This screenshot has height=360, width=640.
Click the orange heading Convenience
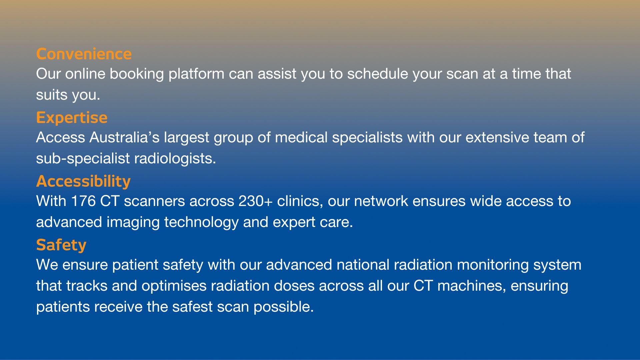click(x=84, y=54)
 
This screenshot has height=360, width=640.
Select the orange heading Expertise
click(x=72, y=118)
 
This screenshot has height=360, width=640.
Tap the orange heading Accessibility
click(x=83, y=181)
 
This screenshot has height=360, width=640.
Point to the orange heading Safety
click(x=61, y=245)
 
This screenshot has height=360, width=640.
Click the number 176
click(x=83, y=201)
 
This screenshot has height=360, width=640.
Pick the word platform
click(x=196, y=74)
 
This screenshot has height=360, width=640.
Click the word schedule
click(x=377, y=74)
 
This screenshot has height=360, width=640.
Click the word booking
click(x=137, y=74)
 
